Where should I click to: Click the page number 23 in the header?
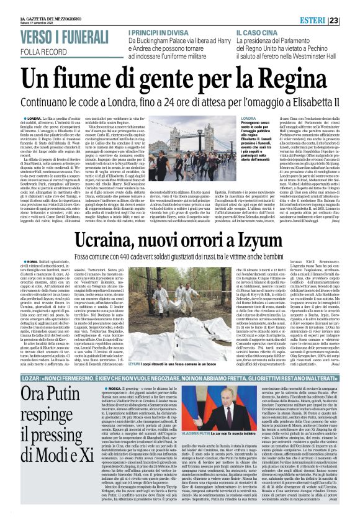(x=351, y=20)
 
